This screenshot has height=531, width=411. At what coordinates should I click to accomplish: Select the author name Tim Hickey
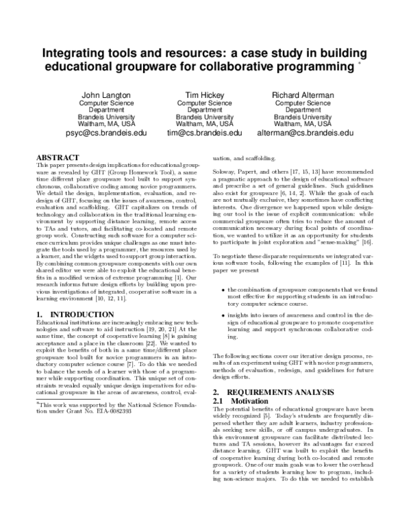tap(205, 94)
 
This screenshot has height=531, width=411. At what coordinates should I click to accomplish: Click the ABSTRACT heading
tap(58, 157)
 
